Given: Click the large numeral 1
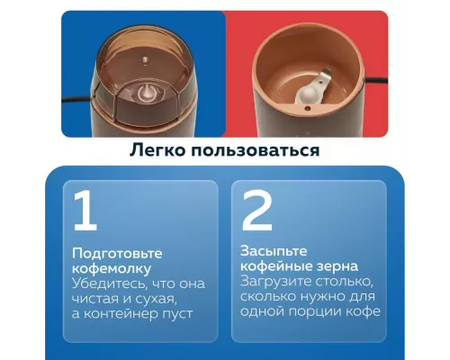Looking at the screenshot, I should click(x=85, y=211).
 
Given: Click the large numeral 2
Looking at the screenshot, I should click(x=257, y=211).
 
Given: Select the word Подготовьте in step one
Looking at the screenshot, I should click(x=111, y=252).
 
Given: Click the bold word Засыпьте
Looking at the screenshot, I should click(x=273, y=252).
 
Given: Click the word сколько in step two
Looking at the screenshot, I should click(x=267, y=297).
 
